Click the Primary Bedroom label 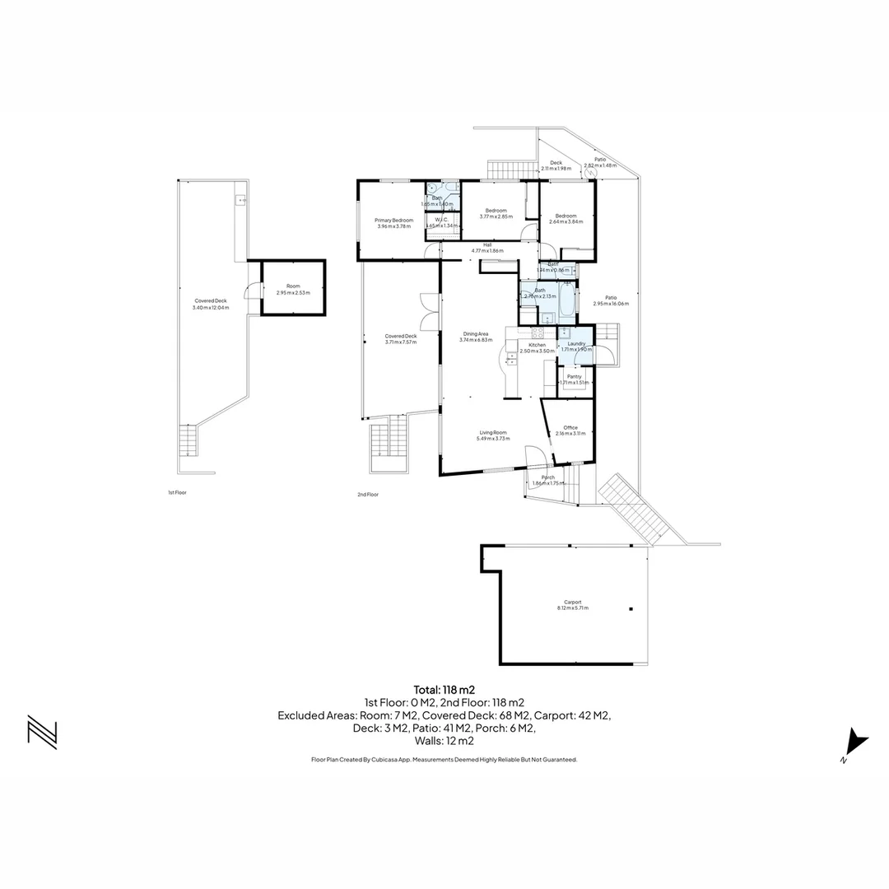point(393,220)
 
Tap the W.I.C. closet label point(441,220)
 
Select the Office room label point(570,427)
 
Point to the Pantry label point(574,376)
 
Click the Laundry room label point(576,343)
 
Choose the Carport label point(573,602)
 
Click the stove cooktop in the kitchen point(538,333)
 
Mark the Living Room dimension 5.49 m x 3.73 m point(491,439)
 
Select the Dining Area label point(476,333)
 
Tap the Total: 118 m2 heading point(444,690)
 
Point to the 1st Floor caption point(177,492)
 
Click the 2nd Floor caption point(367,495)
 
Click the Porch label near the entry point(548,477)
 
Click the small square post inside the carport point(631,609)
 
